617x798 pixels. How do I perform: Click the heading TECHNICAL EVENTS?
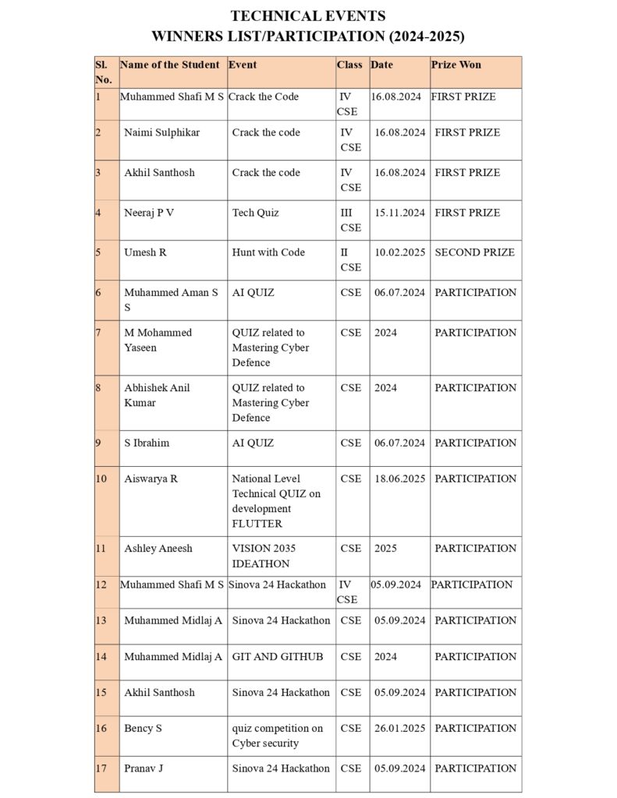(308, 16)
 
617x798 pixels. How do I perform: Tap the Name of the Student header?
(170, 65)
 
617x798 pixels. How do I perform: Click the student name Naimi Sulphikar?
(161, 132)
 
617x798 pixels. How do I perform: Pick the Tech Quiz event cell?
(255, 213)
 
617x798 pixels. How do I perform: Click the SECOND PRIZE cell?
(474, 252)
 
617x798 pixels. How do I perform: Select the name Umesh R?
(145, 252)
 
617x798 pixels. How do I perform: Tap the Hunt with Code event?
(268, 252)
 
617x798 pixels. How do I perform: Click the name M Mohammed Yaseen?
(158, 340)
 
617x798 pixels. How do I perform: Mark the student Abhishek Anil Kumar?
(157, 395)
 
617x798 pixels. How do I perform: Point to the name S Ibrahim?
(147, 443)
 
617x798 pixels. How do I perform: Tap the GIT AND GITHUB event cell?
(277, 656)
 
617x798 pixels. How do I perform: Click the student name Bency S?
(143, 728)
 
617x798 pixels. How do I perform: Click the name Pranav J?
(144, 768)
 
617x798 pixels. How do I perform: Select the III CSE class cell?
(350, 220)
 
